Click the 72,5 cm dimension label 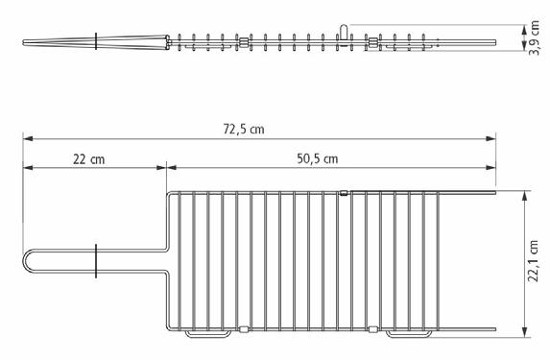[244, 130]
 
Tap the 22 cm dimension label [88, 159]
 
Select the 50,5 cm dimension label [318, 158]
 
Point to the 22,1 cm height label [534, 261]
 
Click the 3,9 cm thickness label [535, 37]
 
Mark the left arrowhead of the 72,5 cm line [28, 138]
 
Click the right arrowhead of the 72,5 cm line [490, 138]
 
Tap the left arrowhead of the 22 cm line [28, 168]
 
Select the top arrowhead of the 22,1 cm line [525, 196]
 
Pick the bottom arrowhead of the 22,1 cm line [525, 332]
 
